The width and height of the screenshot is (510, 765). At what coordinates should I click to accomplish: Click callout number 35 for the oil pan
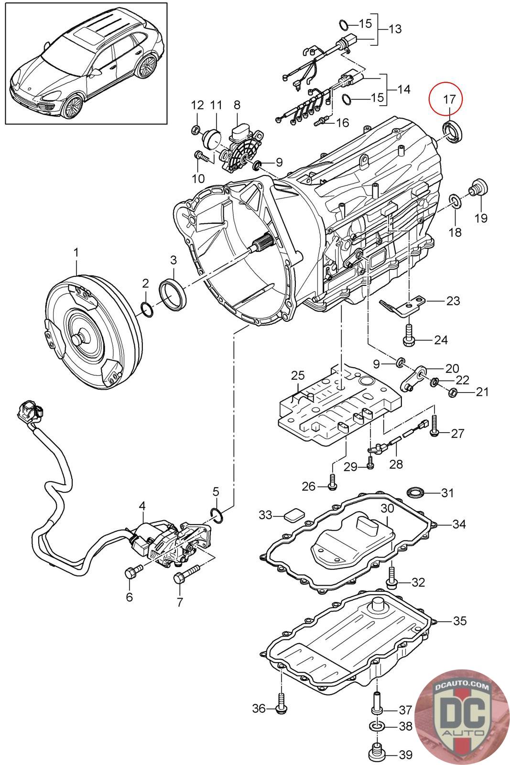pyautogui.click(x=459, y=621)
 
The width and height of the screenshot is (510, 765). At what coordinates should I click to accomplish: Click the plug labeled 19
pyautogui.click(x=477, y=187)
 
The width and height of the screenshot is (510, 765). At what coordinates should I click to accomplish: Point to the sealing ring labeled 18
pyautogui.click(x=456, y=201)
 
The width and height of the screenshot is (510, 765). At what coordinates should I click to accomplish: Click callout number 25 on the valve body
pyautogui.click(x=297, y=374)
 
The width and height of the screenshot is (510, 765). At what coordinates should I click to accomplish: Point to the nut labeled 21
pyautogui.click(x=453, y=393)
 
